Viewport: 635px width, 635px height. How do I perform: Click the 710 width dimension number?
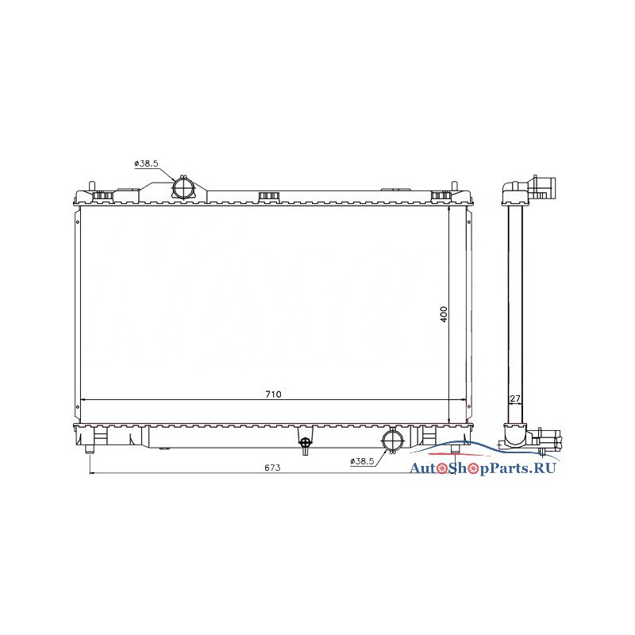click(x=273, y=394)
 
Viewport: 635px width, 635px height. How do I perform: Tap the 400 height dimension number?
click(x=444, y=314)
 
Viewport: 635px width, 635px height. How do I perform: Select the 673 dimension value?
click(x=272, y=468)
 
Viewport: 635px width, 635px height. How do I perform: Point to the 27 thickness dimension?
click(x=514, y=398)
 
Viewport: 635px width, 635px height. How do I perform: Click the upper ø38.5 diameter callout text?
click(x=146, y=164)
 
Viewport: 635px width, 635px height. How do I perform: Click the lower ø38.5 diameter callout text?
click(x=362, y=461)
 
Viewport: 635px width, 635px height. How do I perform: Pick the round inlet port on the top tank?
click(x=184, y=188)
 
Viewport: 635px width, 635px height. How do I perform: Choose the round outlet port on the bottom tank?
click(x=392, y=441)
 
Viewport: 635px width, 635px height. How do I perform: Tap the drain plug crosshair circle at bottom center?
click(x=306, y=441)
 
